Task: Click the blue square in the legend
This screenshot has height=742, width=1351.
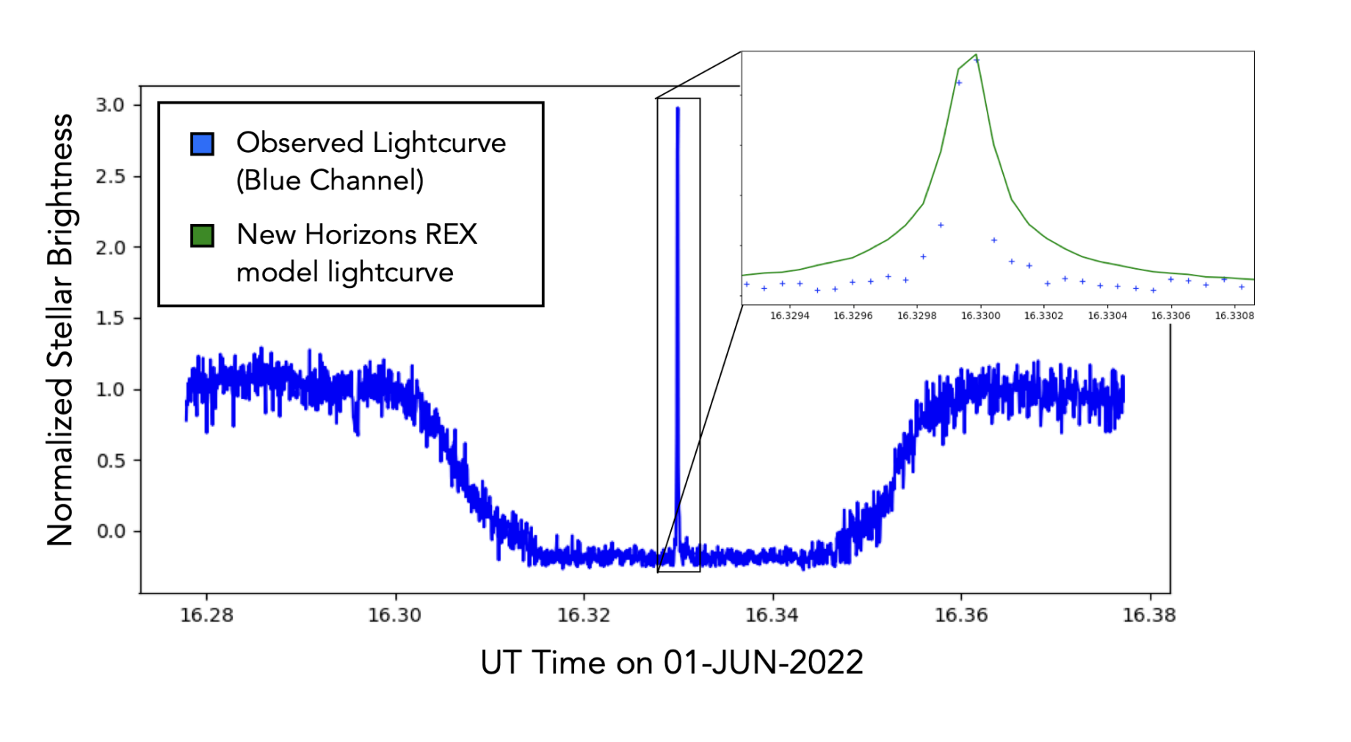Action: tap(202, 144)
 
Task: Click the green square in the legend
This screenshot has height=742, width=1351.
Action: tap(202, 236)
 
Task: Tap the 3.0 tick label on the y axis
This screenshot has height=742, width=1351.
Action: tap(110, 105)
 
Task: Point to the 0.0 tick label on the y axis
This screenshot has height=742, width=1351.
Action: tap(110, 531)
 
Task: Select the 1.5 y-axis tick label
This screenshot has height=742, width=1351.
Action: tap(110, 318)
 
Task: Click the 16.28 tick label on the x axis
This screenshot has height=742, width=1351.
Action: tap(206, 615)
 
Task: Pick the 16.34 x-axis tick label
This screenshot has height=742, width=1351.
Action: tap(772, 615)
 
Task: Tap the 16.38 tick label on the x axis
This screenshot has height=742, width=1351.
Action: tap(1149, 615)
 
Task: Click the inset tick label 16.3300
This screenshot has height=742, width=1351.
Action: tap(980, 316)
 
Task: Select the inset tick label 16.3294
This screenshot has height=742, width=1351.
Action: tap(789, 316)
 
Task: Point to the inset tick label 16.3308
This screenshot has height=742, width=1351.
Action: tap(1234, 316)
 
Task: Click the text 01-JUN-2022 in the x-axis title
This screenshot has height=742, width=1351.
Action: tap(763, 663)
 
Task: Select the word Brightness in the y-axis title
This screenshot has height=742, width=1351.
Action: tap(60, 190)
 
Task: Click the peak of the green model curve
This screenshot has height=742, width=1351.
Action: tap(976, 55)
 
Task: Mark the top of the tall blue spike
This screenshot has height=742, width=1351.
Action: tap(678, 109)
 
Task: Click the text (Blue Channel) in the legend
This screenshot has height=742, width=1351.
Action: tap(330, 181)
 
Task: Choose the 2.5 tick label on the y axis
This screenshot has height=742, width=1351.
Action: tap(110, 176)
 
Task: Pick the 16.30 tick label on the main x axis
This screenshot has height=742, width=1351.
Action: tap(395, 615)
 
